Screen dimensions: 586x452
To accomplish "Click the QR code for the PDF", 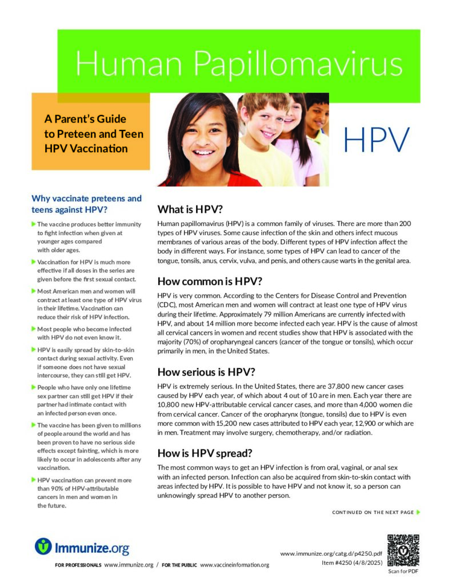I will click(403, 550).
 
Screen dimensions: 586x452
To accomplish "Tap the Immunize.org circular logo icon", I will click(43, 547).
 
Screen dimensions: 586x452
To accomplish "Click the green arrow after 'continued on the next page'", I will click(418, 512).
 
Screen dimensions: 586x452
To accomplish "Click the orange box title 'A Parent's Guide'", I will click(85, 120).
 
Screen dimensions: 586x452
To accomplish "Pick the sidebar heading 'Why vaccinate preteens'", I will click(86, 199).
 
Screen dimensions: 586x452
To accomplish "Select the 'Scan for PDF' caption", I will click(403, 571).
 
